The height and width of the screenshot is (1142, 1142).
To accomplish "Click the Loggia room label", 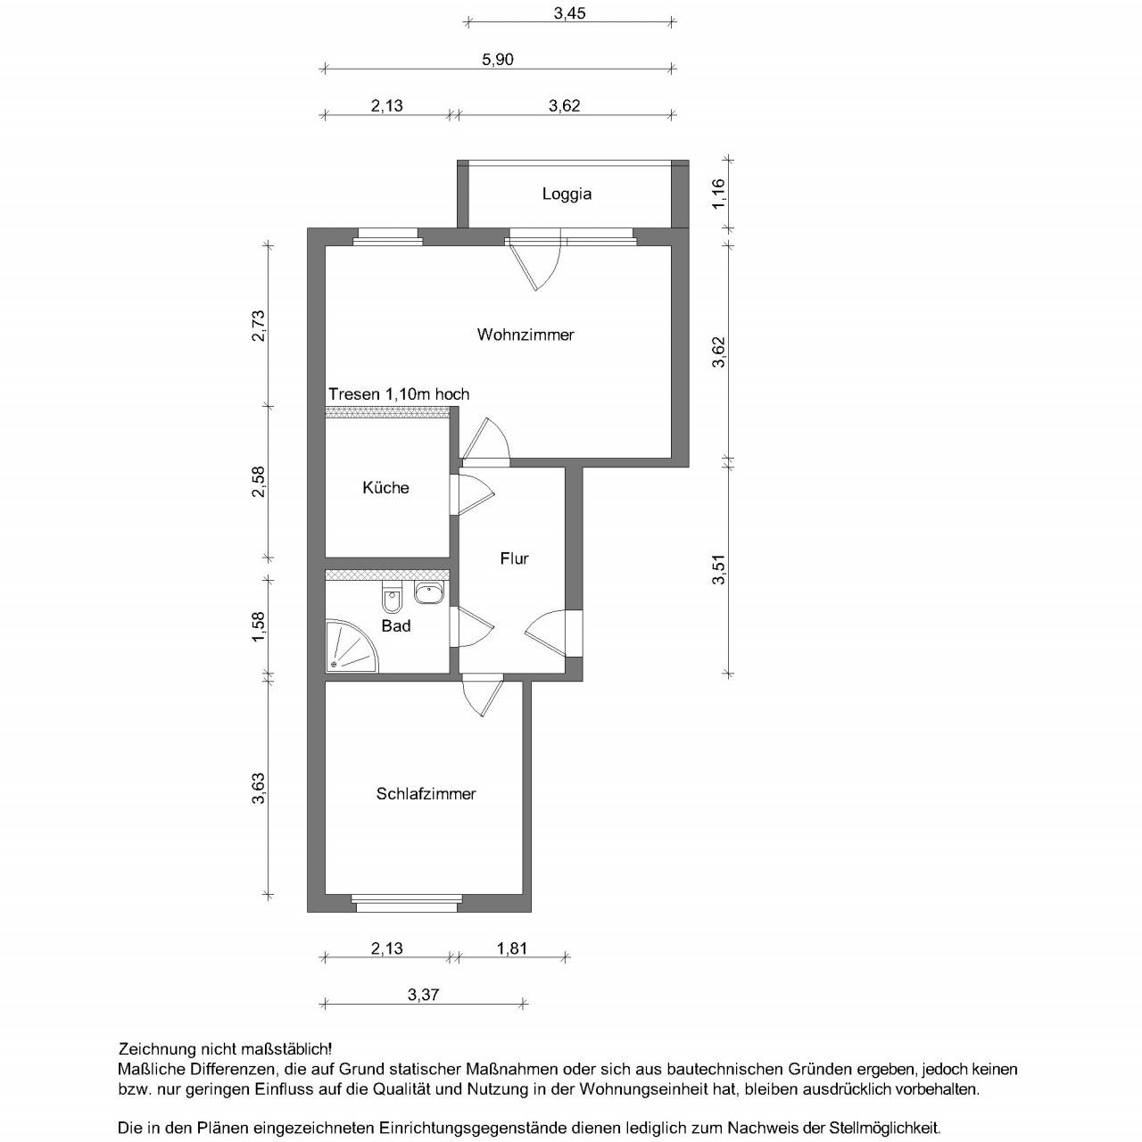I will (x=567, y=194).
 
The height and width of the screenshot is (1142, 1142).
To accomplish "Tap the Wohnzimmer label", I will (x=525, y=335).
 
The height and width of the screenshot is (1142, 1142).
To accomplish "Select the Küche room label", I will (x=385, y=487).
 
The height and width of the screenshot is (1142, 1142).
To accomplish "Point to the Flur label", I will (x=514, y=559).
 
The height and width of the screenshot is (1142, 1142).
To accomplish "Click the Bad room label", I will (x=395, y=626).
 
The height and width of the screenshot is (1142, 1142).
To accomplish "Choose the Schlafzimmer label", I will (x=426, y=793).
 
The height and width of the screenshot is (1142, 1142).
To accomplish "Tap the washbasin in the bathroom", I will (x=429, y=592).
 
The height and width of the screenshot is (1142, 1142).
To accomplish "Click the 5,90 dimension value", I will (x=498, y=60).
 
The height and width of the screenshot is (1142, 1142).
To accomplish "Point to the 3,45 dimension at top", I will (x=569, y=13).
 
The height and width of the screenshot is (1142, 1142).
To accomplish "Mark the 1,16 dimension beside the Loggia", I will (x=720, y=194).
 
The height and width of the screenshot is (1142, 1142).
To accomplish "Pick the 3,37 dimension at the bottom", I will (x=423, y=994).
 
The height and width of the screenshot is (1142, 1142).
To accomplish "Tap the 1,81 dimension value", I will (x=511, y=948).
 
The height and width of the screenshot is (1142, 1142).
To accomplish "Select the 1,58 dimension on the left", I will (x=259, y=626).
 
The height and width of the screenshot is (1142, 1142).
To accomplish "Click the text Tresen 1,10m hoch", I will (x=399, y=394).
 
